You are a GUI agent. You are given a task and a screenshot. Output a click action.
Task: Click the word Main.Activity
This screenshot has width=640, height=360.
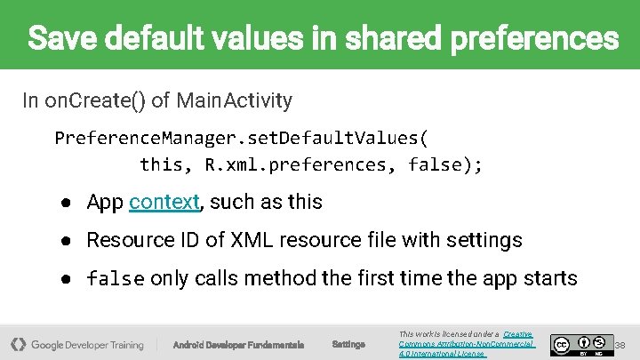(x=234, y=100)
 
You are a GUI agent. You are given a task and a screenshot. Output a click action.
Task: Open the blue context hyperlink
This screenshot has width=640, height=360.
(x=164, y=203)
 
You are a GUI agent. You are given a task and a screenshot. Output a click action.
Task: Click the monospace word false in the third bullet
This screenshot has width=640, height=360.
(x=116, y=279)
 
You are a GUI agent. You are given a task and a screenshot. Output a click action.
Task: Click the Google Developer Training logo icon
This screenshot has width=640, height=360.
(x=18, y=344)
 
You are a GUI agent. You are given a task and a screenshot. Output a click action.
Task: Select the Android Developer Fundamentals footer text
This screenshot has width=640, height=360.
(x=238, y=344)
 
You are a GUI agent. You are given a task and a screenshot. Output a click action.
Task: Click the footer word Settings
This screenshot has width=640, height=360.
(x=348, y=344)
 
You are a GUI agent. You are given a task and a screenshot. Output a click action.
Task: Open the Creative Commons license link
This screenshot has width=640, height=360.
(x=467, y=343)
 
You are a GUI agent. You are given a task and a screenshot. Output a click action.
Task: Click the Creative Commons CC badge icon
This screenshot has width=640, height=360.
(x=562, y=343)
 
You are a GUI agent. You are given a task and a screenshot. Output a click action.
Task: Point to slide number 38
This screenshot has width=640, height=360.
(x=620, y=344)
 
